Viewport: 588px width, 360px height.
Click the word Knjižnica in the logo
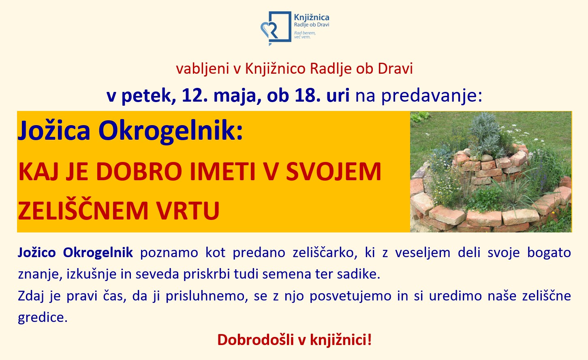tap(312, 17)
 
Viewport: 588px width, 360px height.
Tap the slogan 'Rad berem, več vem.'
tap(305, 35)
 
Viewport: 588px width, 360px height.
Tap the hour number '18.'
tap(308, 95)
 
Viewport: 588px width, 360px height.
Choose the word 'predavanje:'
tap(432, 96)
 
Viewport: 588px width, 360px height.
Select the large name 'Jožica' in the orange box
tap(54, 130)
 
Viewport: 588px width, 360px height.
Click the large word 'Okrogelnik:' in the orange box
tap(171, 131)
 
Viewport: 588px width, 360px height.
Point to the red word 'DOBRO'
tap(139, 171)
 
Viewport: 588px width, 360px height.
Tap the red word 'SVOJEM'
tap(334, 171)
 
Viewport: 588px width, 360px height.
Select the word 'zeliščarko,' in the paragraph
tap(325, 253)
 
